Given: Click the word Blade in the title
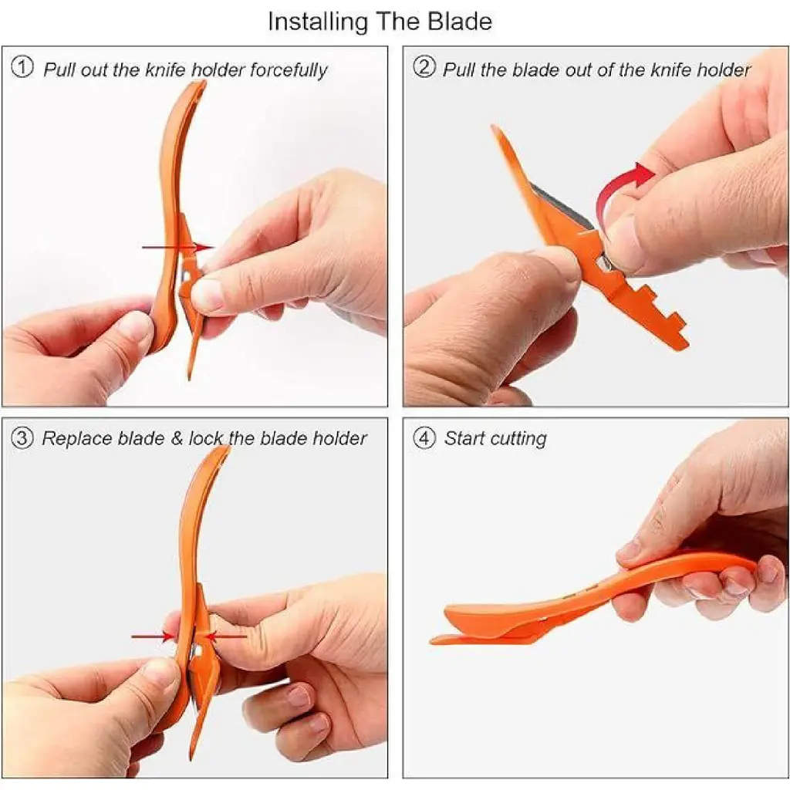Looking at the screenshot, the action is (x=460, y=22).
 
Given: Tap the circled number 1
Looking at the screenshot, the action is (x=22, y=67).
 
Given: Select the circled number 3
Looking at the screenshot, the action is (x=22, y=438).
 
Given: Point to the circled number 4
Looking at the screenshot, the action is (x=424, y=438).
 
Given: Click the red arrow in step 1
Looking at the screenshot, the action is (x=178, y=248).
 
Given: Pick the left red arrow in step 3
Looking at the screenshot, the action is (x=154, y=636).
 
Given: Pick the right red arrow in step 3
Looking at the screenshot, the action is (x=226, y=636).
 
